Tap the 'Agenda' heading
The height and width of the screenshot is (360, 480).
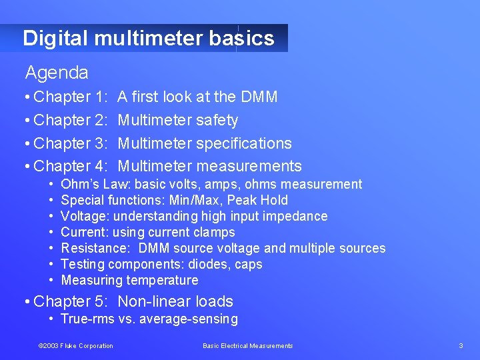[57, 72]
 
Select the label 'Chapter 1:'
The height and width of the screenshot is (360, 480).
[71, 97]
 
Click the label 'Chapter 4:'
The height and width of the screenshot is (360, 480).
[71, 166]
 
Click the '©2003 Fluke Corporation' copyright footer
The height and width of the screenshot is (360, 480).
[75, 345]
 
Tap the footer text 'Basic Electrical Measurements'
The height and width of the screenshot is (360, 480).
[247, 345]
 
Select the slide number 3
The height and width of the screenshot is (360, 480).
[461, 345]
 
